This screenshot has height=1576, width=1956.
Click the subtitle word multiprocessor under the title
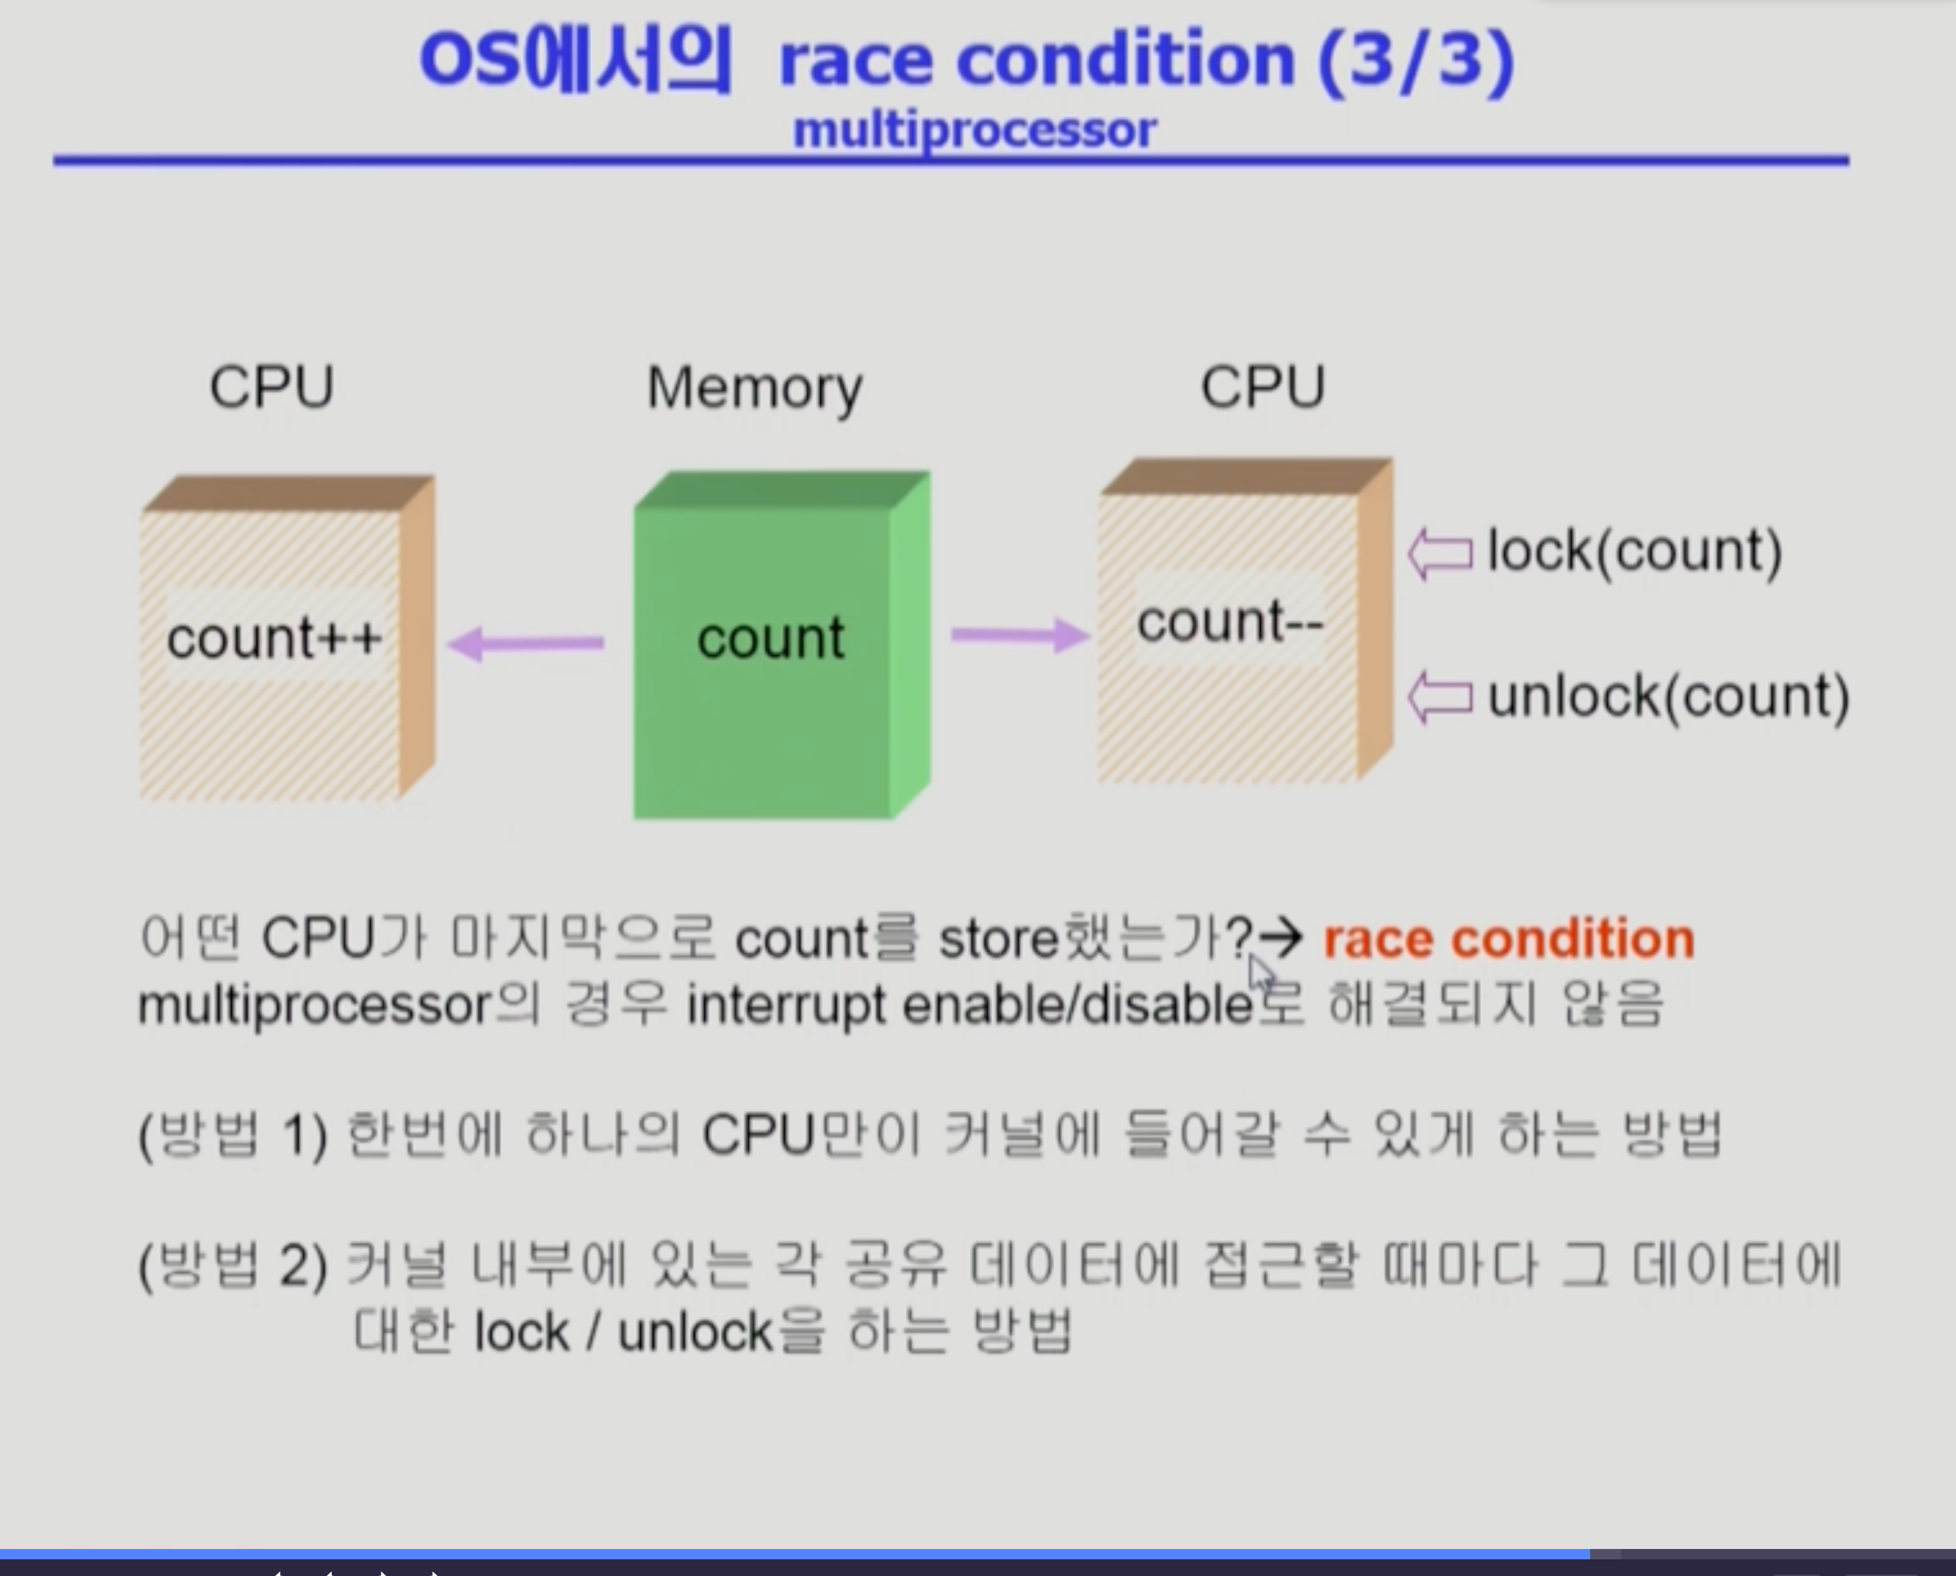click(x=974, y=130)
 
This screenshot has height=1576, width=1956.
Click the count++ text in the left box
click(x=273, y=638)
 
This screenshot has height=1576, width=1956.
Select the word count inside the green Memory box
click(x=770, y=638)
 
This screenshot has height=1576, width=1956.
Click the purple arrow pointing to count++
click(x=526, y=643)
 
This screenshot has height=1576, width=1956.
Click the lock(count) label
click(x=1635, y=550)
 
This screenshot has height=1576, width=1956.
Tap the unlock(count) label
click(x=1668, y=696)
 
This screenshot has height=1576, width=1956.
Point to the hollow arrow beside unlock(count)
click(x=1440, y=698)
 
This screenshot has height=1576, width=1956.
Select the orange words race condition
click(x=1508, y=938)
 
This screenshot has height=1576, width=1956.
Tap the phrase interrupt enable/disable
click(x=970, y=1006)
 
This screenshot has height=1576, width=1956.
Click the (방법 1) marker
click(x=233, y=1135)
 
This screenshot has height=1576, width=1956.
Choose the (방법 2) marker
click(x=233, y=1266)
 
